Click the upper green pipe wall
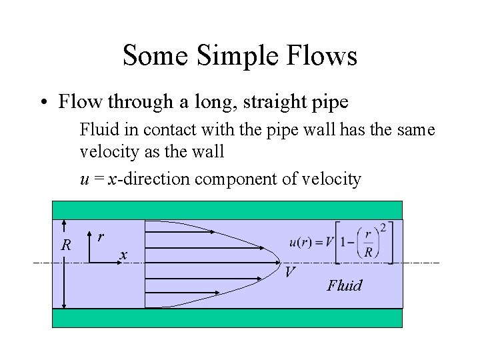pyautogui.click(x=227, y=210)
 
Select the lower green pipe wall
pyautogui.click(x=227, y=318)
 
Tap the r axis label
pyautogui.click(x=100, y=235)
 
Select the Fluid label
pyautogui.click(x=345, y=286)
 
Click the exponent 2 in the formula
pyautogui.click(x=381, y=227)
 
